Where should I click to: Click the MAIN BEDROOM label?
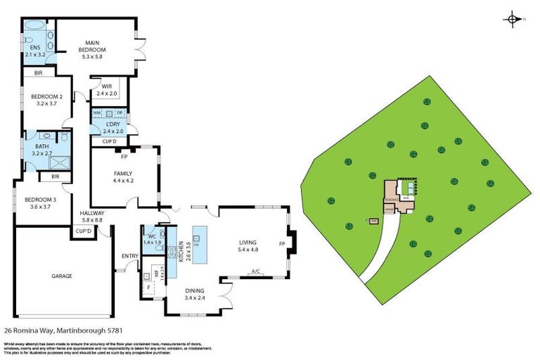94,50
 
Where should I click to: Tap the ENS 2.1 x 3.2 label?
34,51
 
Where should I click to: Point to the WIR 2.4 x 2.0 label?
108,89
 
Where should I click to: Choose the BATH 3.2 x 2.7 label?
42,149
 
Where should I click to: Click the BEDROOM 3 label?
41,203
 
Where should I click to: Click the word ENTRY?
130,255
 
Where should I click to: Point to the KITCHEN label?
183,251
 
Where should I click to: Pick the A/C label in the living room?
256,271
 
